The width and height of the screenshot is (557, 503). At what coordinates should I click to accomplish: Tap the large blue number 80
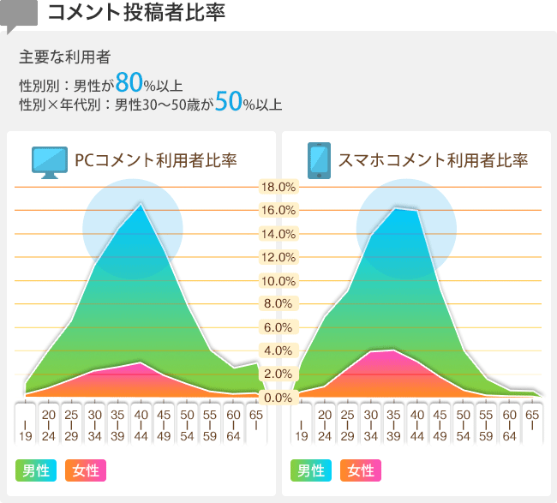tap(129, 82)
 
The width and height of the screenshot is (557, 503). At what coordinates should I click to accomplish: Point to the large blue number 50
tap(228, 102)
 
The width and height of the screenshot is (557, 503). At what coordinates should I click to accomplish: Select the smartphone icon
tap(319, 160)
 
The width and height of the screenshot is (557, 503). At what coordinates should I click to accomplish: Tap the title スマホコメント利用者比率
tap(433, 160)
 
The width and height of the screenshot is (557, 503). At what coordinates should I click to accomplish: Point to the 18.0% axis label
tap(278, 187)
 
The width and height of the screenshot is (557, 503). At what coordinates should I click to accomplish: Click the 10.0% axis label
tap(278, 281)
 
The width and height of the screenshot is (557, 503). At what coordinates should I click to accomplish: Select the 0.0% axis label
tap(278, 398)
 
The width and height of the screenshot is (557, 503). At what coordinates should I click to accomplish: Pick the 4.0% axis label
tap(278, 350)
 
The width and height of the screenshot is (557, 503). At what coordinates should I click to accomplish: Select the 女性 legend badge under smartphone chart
tap(361, 470)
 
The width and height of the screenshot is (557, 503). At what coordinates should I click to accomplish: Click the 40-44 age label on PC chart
tap(141, 422)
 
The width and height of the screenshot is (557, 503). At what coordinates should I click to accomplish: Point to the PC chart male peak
tap(141, 205)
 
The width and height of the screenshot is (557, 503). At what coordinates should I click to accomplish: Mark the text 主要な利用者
tap(65, 57)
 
